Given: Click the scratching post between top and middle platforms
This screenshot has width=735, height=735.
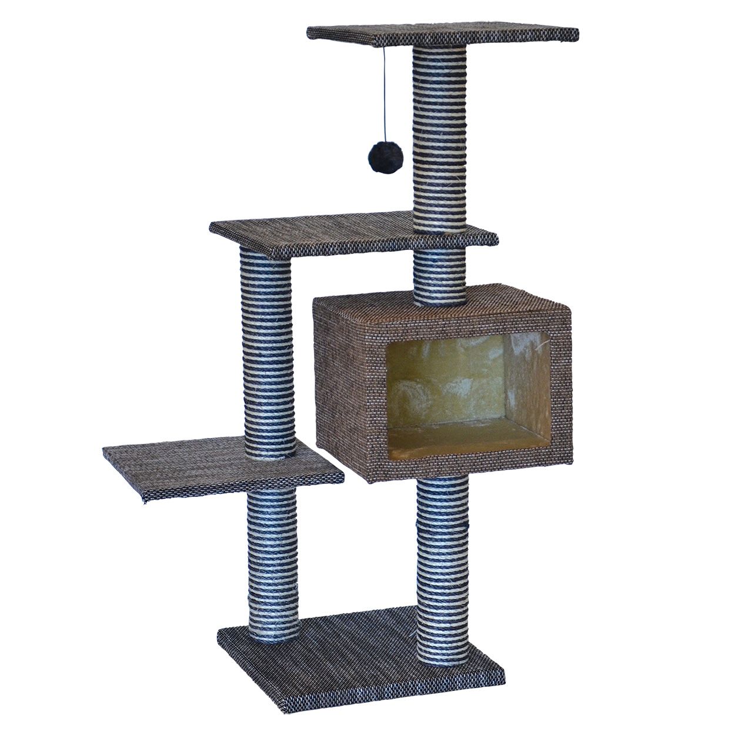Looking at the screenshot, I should [439, 141].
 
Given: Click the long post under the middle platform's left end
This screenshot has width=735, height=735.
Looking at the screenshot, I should [265, 353].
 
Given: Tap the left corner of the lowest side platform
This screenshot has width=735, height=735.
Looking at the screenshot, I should [106, 452].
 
